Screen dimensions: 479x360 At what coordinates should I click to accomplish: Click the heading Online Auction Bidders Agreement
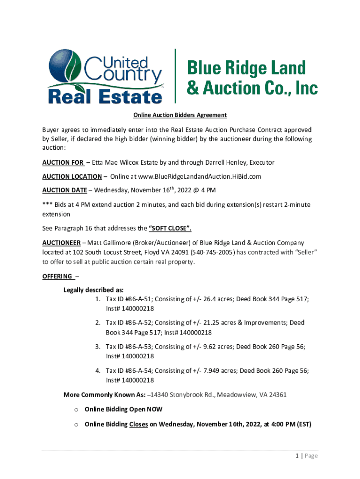click(180, 115)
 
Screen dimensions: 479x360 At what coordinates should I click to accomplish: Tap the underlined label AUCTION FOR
click(63, 162)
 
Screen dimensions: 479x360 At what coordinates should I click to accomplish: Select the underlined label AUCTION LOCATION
click(72, 176)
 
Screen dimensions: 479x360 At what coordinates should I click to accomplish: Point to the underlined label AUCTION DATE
click(65, 190)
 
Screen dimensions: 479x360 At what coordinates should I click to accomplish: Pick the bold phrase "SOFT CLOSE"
click(170, 229)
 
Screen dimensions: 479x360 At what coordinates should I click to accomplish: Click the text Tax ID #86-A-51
click(129, 298)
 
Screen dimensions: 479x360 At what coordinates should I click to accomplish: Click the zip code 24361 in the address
click(276, 394)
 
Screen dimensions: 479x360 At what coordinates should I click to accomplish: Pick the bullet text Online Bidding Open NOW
click(123, 409)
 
